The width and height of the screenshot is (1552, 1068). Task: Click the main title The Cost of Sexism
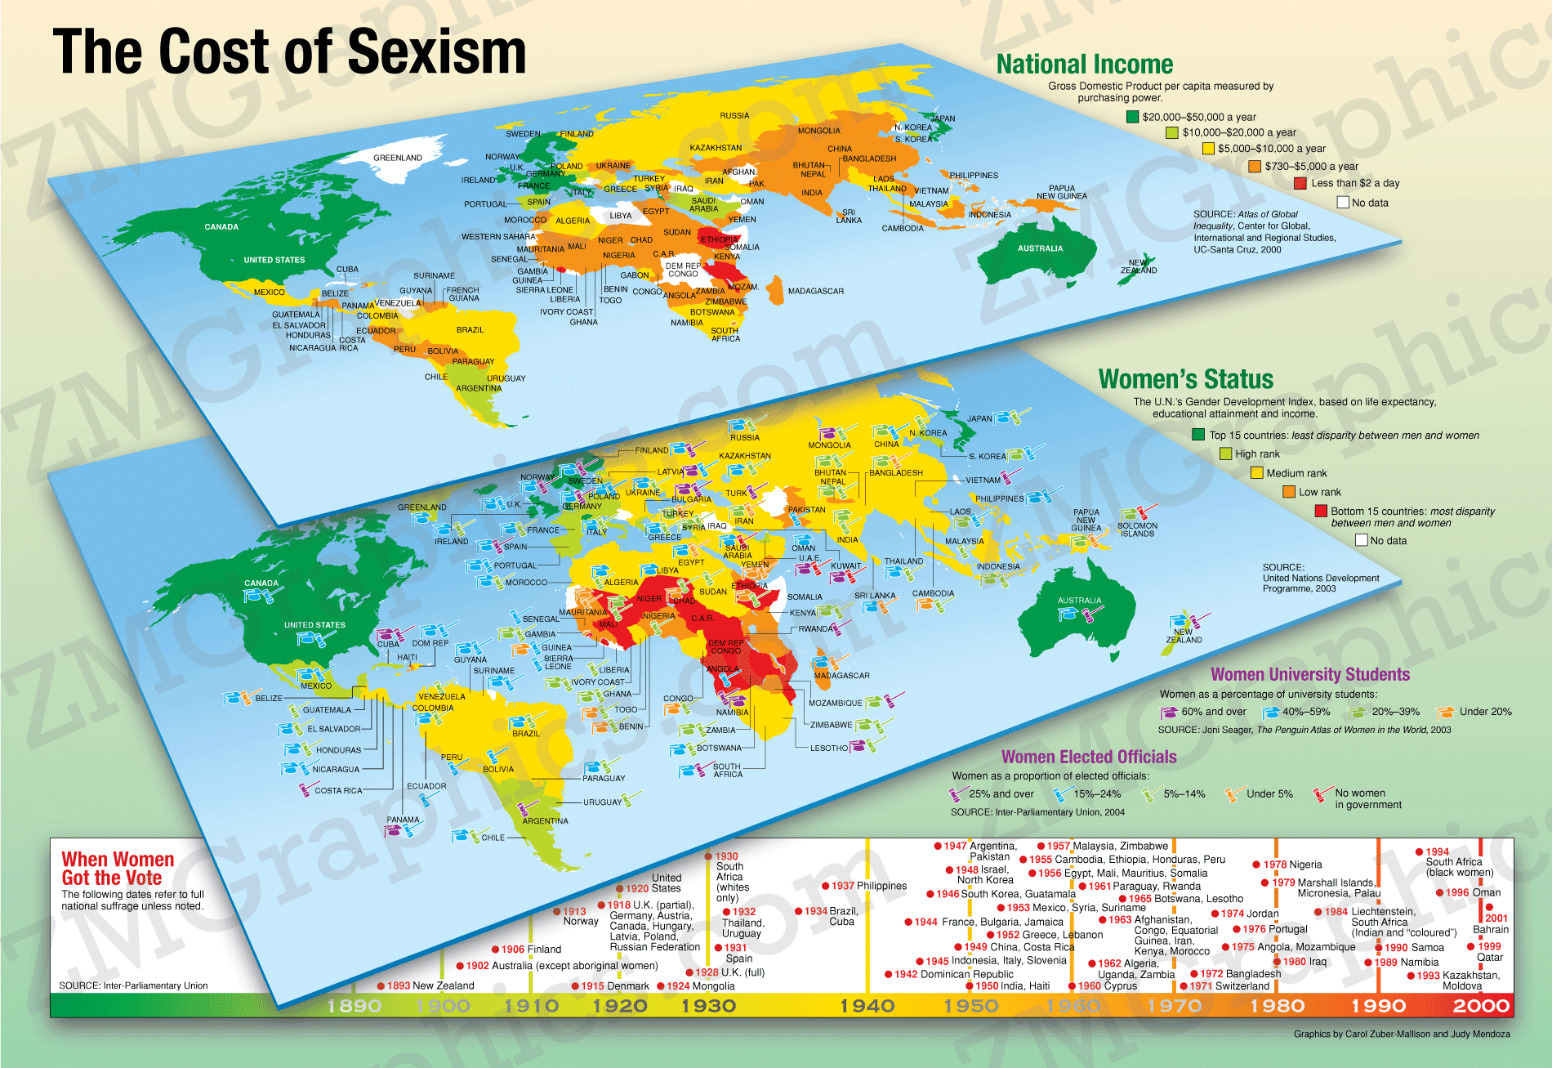[289, 51]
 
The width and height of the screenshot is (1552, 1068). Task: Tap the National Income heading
[1084, 65]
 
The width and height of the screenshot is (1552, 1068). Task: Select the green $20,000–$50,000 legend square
[1132, 117]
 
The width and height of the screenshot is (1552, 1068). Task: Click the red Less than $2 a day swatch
[1300, 183]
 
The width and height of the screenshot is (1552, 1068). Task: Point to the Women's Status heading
[1185, 379]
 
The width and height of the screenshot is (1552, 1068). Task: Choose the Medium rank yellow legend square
[1257, 473]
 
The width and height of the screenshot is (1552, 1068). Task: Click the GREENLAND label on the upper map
[397, 158]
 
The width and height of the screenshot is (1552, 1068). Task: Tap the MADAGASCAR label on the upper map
[815, 291]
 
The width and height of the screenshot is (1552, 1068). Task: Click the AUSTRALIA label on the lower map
[1079, 601]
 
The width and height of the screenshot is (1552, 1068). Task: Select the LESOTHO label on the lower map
[828, 748]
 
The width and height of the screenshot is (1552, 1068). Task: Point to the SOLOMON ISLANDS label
[1136, 530]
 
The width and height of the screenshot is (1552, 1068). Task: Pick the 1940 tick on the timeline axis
[867, 1006]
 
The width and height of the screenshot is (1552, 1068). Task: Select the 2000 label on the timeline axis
[1480, 1006]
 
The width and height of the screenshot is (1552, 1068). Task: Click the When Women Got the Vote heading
[117, 869]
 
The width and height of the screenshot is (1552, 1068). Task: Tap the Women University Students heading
[1309, 674]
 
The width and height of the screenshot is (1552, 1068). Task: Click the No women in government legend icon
[1322, 793]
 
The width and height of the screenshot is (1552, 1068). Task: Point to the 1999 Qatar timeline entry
[1489, 952]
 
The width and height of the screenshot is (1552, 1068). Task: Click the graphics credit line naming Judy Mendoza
[1401, 1034]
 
